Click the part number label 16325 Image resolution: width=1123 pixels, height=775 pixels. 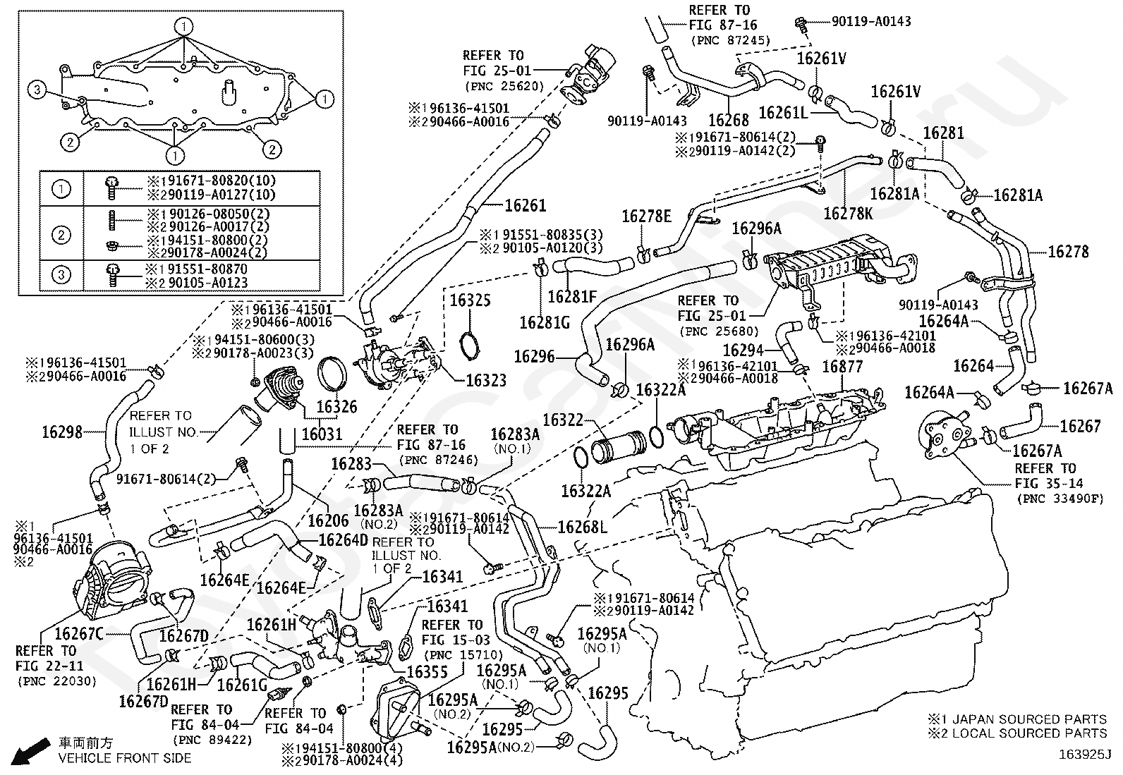pyautogui.click(x=471, y=301)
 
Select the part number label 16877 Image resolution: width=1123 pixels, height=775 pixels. pyautogui.click(x=843, y=367)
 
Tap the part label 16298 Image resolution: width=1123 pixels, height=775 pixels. pyautogui.click(x=62, y=432)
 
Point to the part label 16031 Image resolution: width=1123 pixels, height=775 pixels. pyautogui.click(x=322, y=434)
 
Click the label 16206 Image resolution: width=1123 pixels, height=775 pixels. pyautogui.click(x=329, y=520)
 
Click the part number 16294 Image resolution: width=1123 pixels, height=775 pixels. pyautogui.click(x=743, y=350)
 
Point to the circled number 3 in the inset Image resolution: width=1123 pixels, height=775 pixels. pyautogui.click(x=37, y=90)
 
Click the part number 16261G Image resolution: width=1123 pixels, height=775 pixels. pyautogui.click(x=242, y=685)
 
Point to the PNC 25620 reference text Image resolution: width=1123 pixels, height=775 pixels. pyautogui.click(x=504, y=86)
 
